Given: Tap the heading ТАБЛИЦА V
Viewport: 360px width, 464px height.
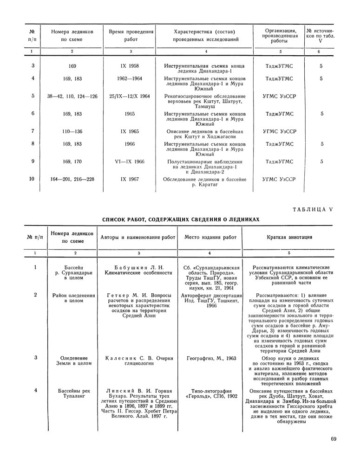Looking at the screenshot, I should click(x=313, y=209).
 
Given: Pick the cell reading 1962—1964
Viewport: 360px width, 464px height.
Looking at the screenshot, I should click(x=130, y=78).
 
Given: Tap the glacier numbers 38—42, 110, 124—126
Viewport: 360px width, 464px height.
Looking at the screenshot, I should click(x=72, y=97).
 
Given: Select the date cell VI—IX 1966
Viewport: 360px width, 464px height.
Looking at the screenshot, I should click(x=130, y=161).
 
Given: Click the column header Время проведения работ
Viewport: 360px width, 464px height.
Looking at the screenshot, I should click(x=131, y=36).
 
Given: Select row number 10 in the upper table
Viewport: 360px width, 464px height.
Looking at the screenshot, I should click(x=33, y=179).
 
